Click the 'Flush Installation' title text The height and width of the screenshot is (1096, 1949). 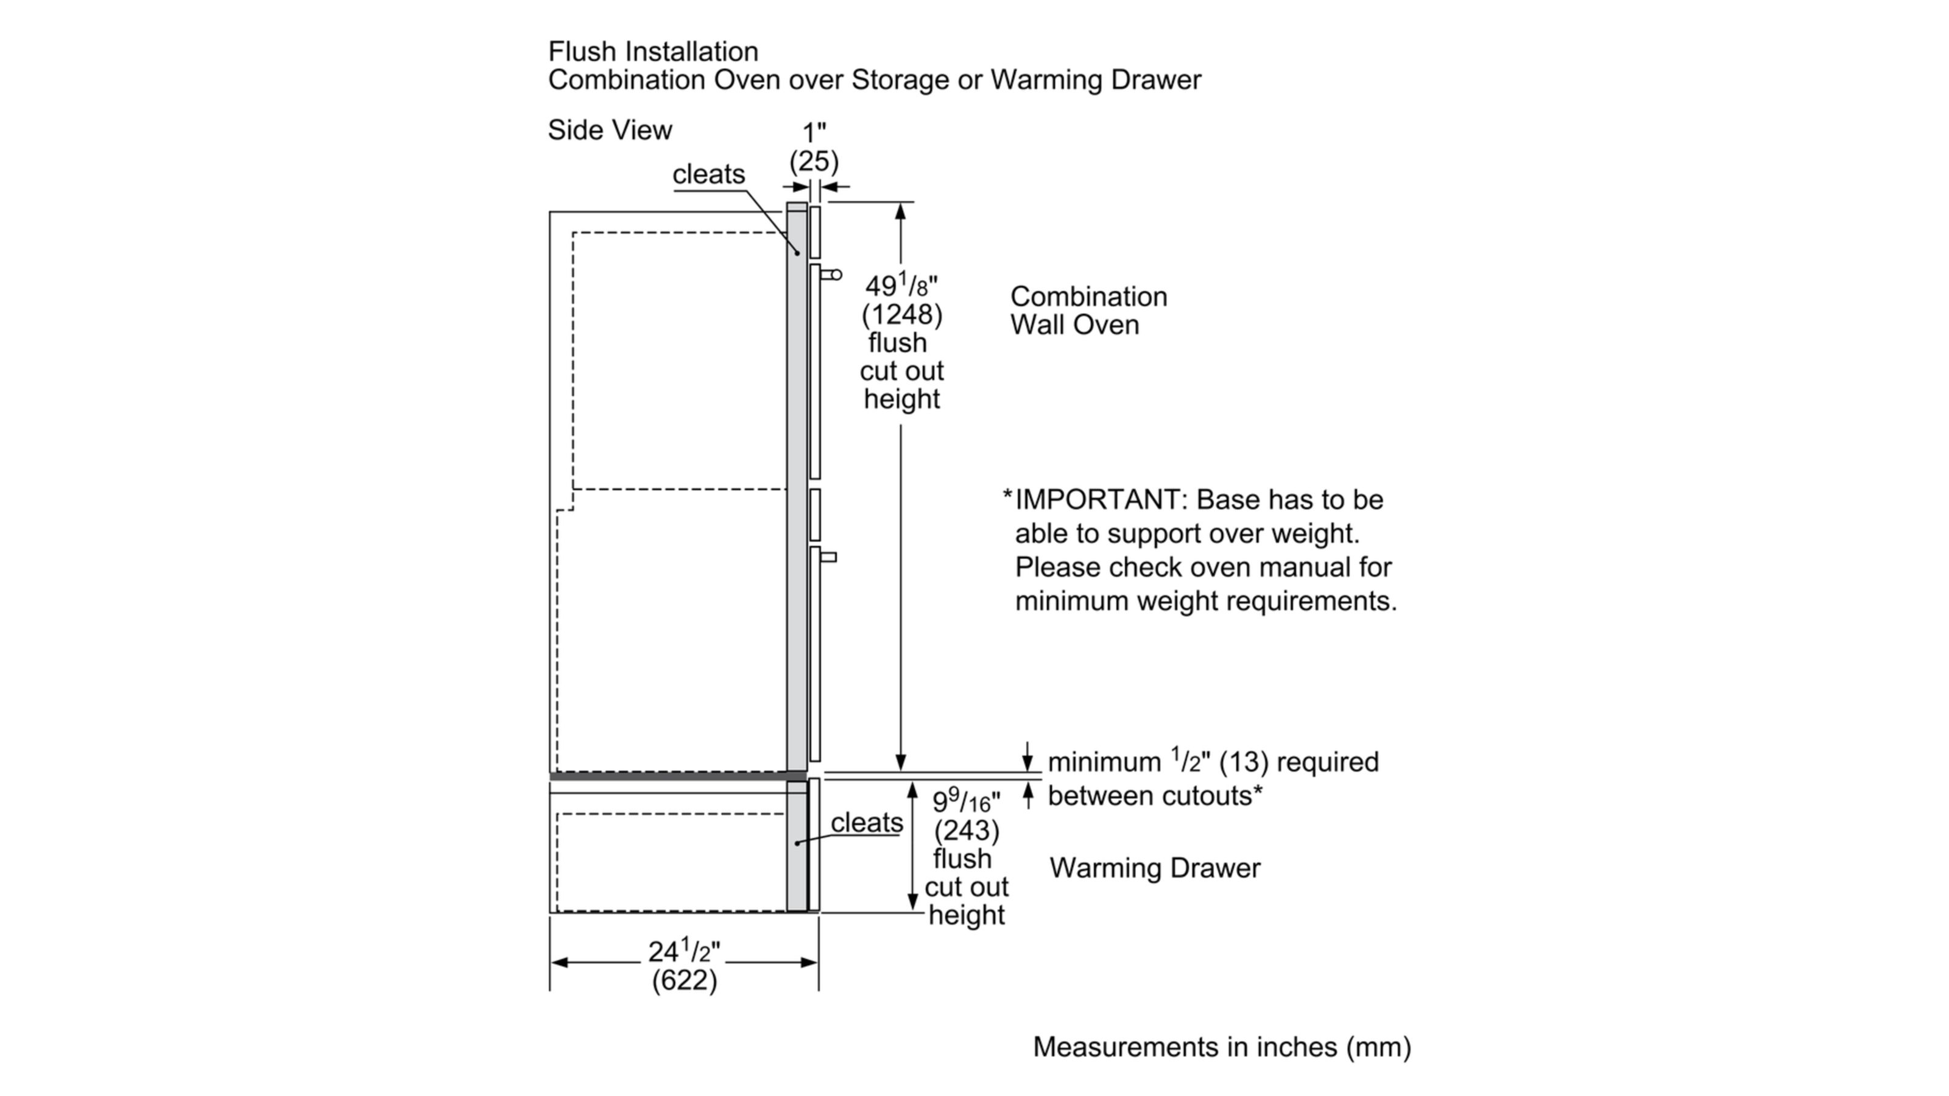click(653, 51)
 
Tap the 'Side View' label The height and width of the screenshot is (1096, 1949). click(610, 130)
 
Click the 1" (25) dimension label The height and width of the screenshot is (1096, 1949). click(814, 147)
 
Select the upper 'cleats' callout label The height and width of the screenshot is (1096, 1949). click(708, 174)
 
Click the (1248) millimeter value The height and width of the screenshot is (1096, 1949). click(902, 315)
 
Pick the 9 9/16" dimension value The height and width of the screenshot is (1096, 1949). click(965, 800)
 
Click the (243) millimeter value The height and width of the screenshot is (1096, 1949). click(966, 831)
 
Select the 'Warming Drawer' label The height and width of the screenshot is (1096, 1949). click(1155, 868)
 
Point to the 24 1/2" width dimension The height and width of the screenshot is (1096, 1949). click(684, 950)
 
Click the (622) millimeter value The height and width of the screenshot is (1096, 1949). click(684, 980)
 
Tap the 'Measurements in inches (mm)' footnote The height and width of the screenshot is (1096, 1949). click(1222, 1047)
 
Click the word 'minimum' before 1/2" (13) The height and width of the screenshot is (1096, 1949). click(1104, 762)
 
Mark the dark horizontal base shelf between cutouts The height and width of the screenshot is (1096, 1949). click(677, 776)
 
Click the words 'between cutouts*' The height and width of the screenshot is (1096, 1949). click(1155, 796)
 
